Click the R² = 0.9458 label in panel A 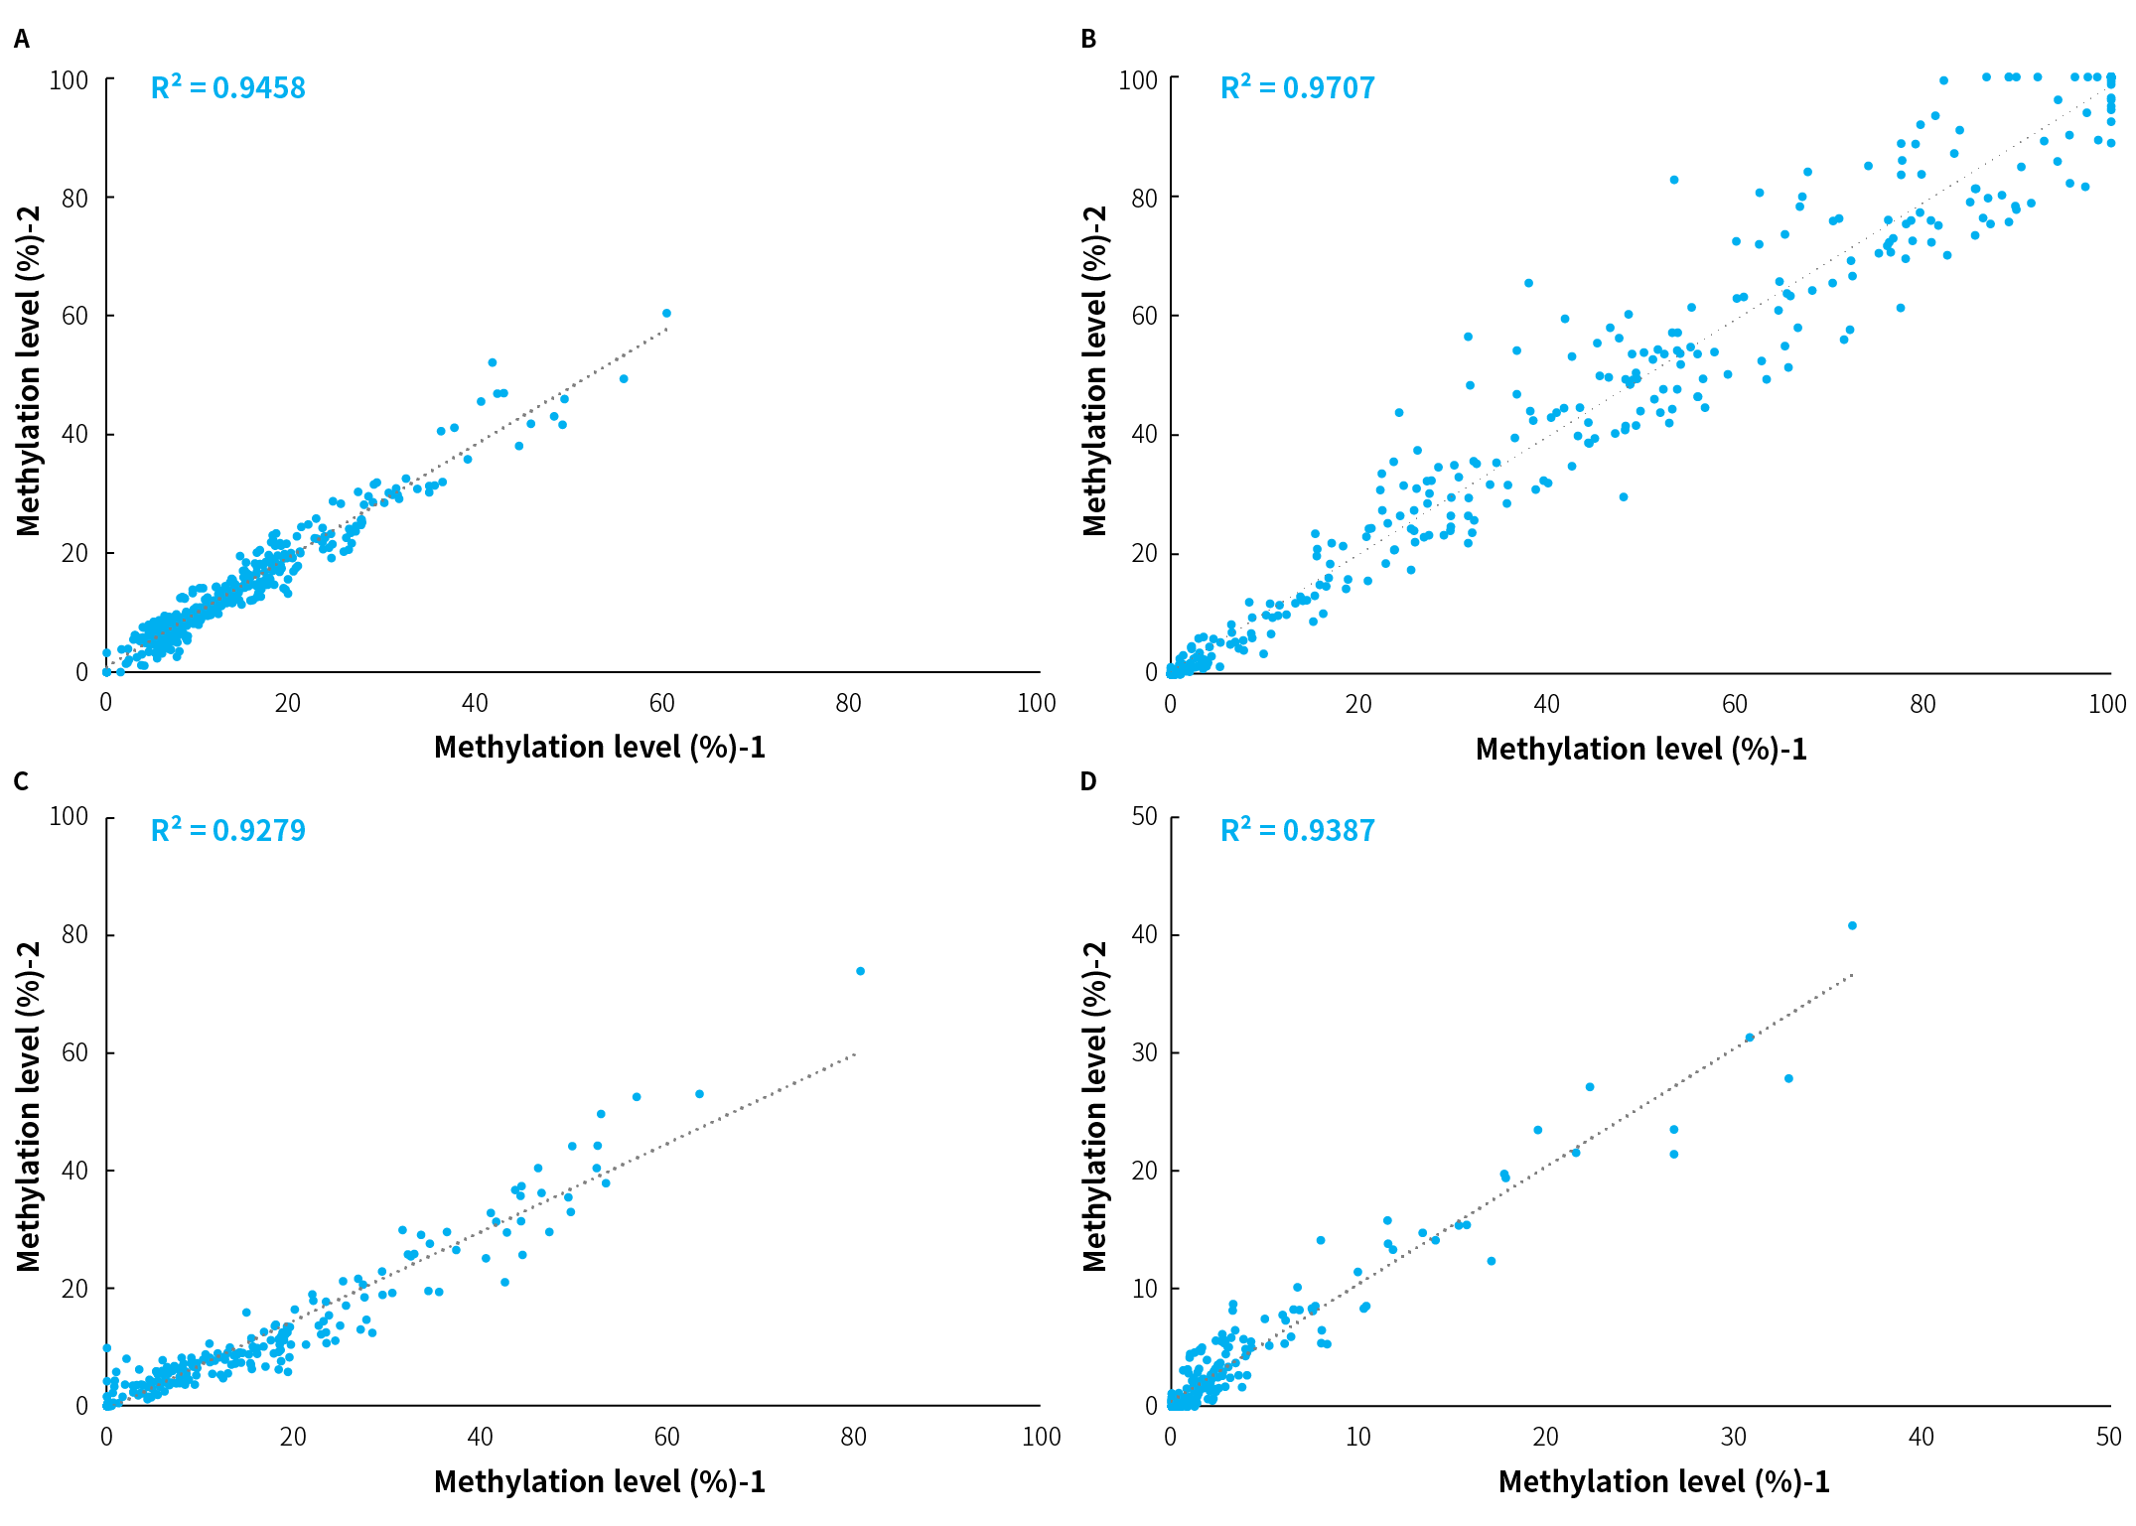point(227,88)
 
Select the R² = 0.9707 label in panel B point(1297,88)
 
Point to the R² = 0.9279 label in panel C point(227,830)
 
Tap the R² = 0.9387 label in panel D point(1297,830)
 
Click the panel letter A point(22,40)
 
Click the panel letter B point(1088,40)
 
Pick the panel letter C point(21,782)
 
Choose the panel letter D point(1088,782)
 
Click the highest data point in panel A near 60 point(666,314)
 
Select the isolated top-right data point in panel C point(860,971)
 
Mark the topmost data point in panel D point(1852,926)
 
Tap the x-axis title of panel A point(600,748)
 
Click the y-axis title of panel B point(1094,371)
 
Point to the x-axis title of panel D point(1663,1482)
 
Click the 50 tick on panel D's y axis point(1144,816)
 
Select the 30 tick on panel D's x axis point(1733,1437)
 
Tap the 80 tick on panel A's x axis point(848,704)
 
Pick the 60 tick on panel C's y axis point(75,1052)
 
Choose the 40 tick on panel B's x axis point(1546,704)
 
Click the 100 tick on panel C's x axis point(1041,1437)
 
